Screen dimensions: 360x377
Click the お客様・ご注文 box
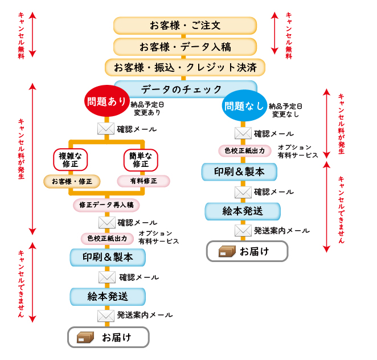coord(185,26)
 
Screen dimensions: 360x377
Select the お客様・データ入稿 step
coord(185,47)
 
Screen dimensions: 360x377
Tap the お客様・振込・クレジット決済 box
coord(185,67)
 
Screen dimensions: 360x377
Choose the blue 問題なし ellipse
coord(244,105)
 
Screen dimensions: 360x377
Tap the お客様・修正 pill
coord(72,182)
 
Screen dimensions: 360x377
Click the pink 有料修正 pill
coord(144,181)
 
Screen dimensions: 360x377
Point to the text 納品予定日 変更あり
coord(146,109)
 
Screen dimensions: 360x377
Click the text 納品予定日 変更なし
coord(285,110)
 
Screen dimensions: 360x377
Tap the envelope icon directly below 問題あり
coord(106,129)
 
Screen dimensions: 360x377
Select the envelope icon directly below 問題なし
coord(243,133)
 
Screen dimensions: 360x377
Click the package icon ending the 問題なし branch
coord(227,251)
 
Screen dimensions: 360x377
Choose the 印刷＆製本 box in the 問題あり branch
coord(108,257)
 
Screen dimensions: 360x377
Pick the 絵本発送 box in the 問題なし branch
coord(243,211)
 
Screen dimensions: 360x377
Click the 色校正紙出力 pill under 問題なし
coord(244,151)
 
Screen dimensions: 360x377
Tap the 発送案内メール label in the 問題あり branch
coord(145,314)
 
